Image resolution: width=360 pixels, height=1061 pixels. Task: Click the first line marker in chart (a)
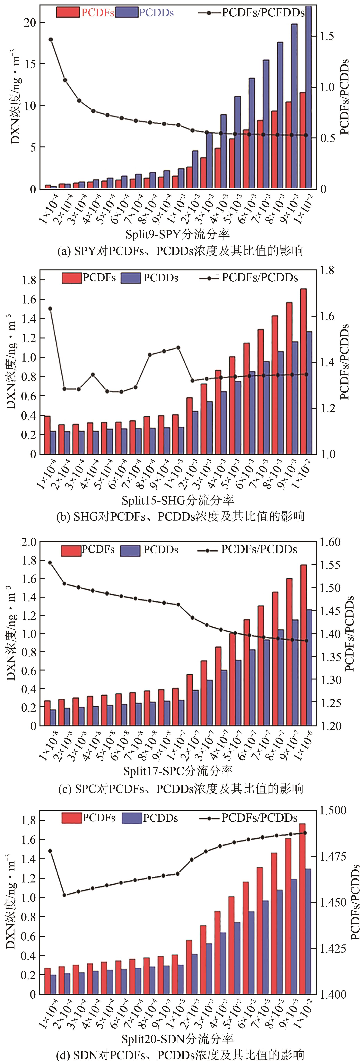tap(51, 39)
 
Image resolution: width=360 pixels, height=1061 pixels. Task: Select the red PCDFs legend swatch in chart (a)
tap(68, 12)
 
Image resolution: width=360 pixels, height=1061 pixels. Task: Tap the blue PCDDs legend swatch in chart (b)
tap(131, 278)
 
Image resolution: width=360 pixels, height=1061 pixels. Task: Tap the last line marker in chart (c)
tap(306, 640)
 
